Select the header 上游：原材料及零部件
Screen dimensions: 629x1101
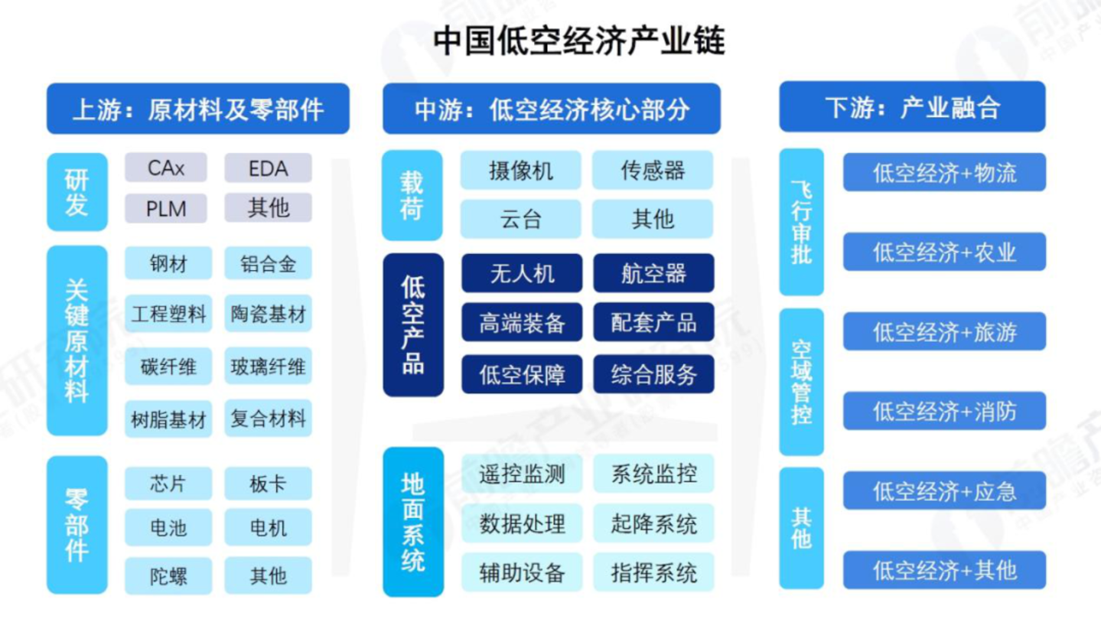click(x=198, y=109)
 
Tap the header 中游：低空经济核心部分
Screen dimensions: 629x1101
click(x=552, y=109)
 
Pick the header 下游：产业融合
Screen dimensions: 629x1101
click(x=912, y=108)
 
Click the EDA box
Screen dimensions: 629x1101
click(x=268, y=168)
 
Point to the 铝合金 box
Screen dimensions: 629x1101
click(x=268, y=264)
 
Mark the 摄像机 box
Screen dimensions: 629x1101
click(x=520, y=171)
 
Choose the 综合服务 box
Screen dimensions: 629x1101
click(x=653, y=375)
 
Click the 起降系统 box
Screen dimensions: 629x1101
click(x=653, y=524)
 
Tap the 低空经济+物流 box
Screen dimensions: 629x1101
click(x=944, y=173)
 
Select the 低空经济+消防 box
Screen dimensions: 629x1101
click(x=944, y=412)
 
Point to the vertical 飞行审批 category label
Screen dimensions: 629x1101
click(x=801, y=222)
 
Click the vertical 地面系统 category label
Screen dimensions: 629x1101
click(x=413, y=522)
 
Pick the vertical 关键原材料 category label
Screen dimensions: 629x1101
click(x=77, y=341)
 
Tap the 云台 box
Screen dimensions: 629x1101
click(x=520, y=220)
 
